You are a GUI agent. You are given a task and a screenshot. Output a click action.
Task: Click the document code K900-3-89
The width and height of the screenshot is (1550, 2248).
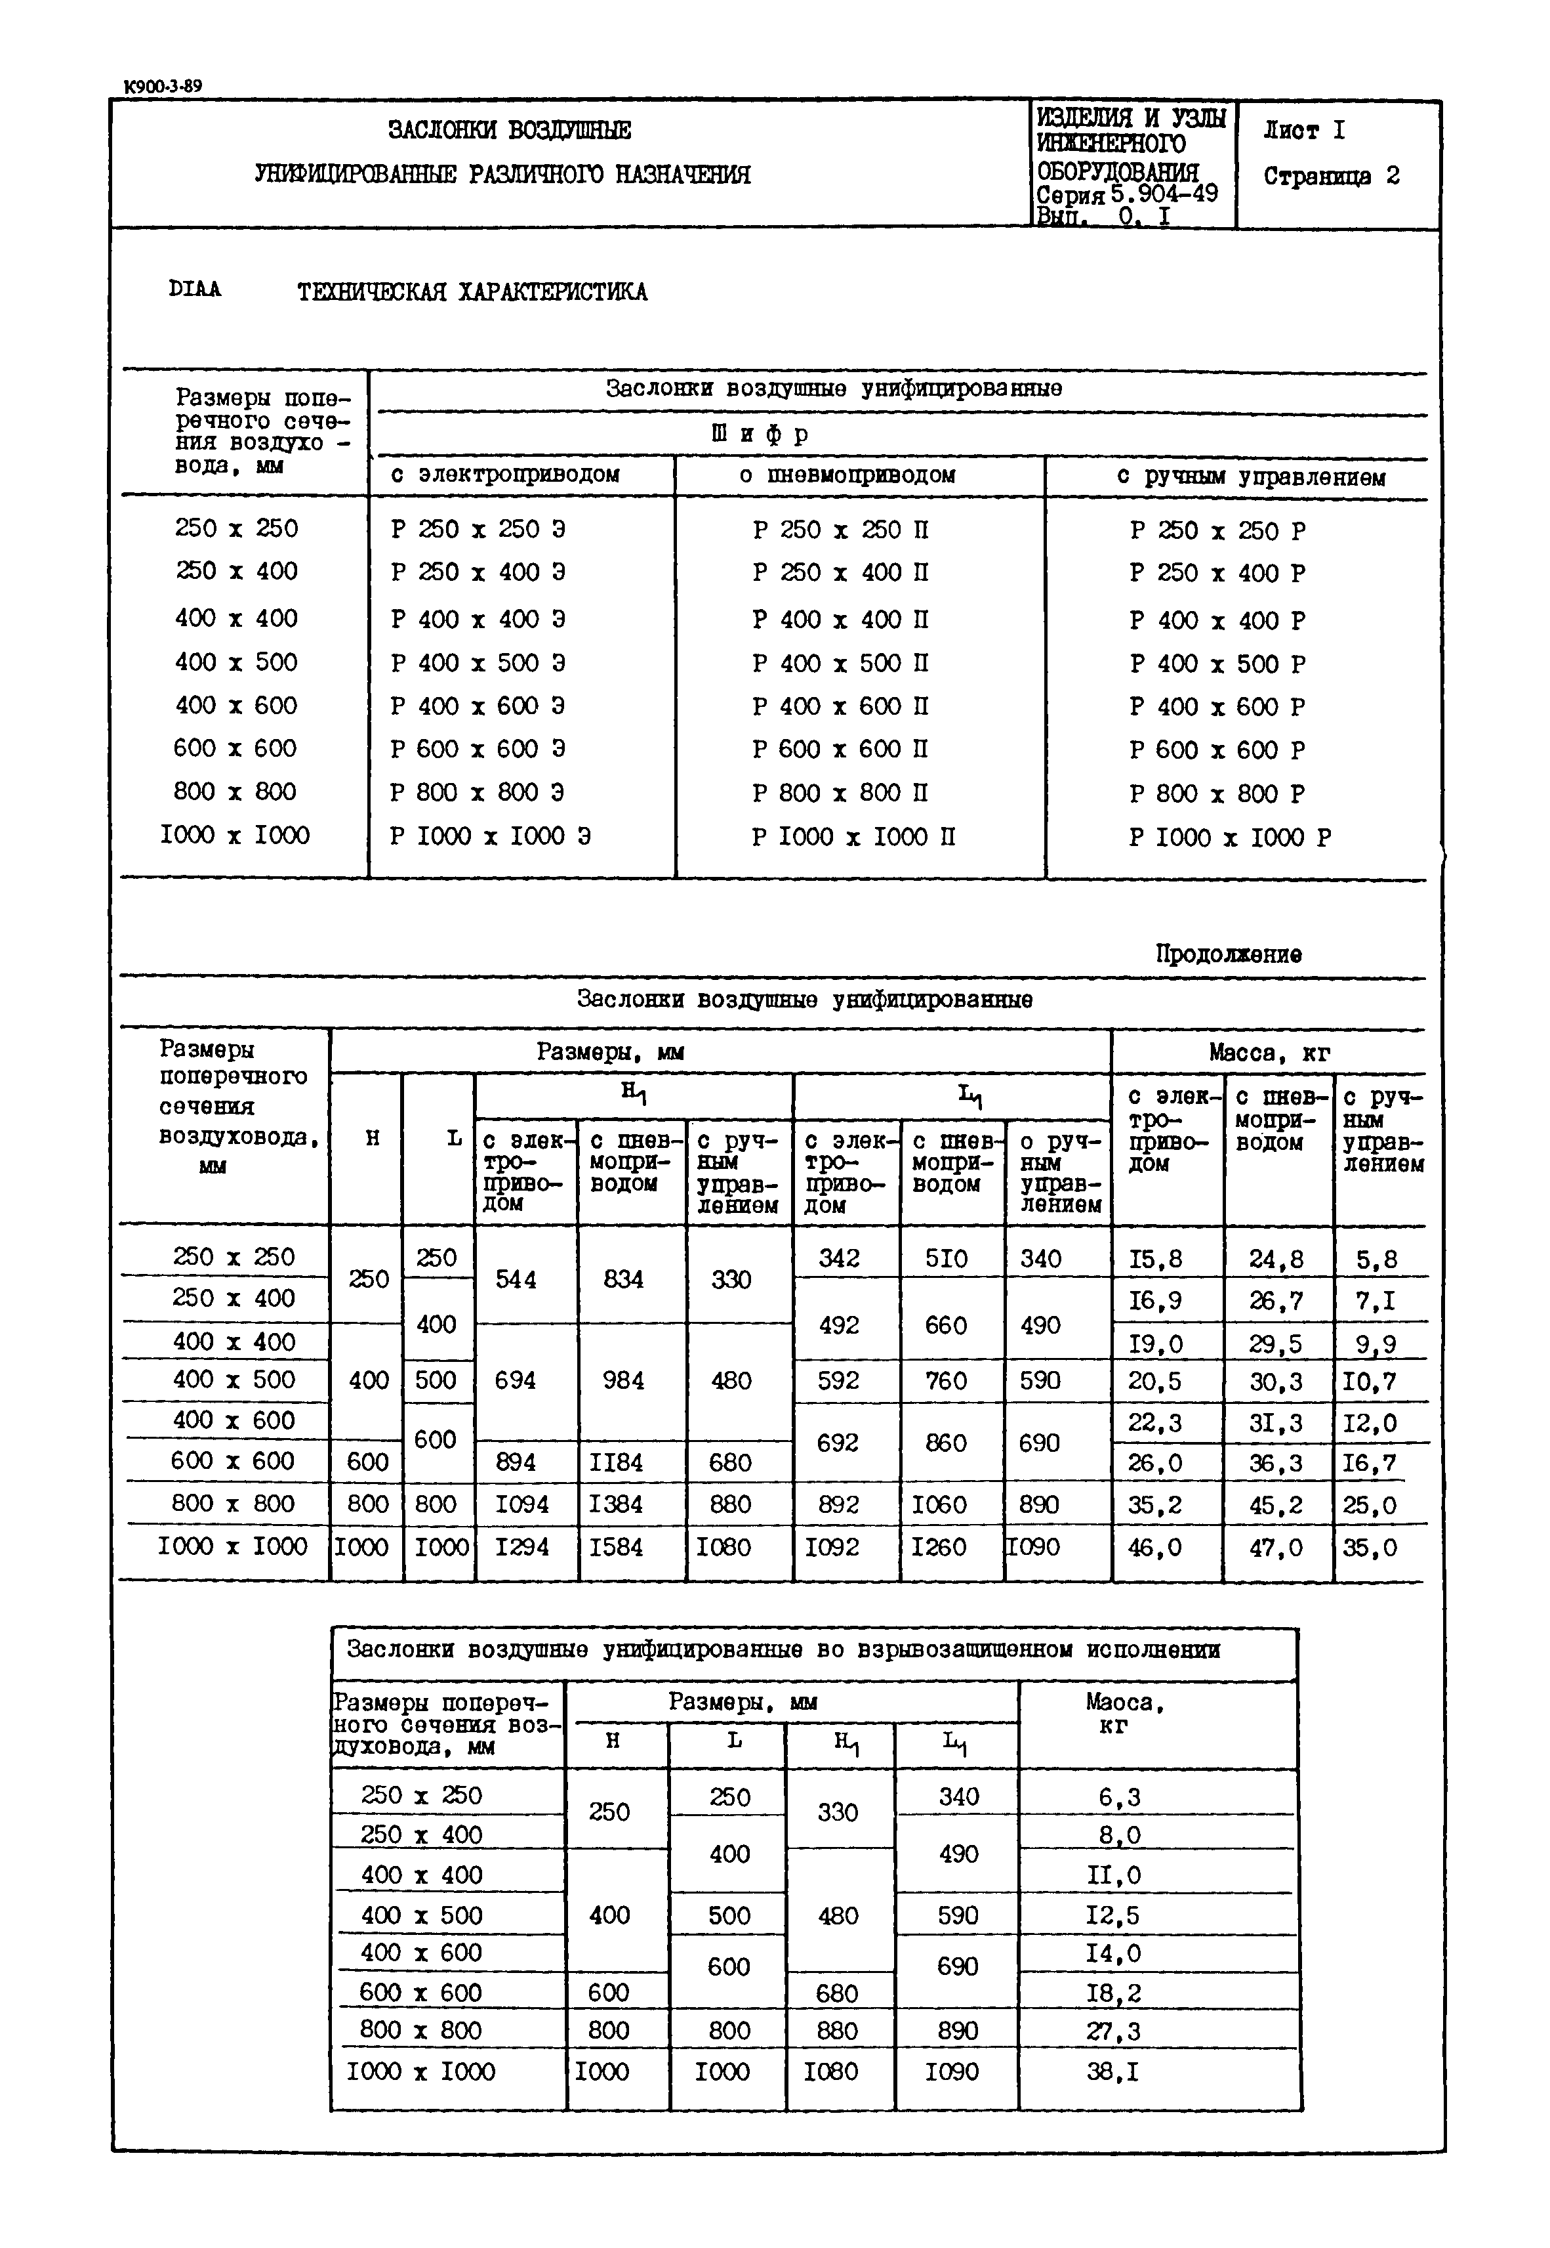point(163,87)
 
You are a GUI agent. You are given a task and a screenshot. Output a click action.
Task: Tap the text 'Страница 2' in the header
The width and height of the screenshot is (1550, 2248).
point(1330,177)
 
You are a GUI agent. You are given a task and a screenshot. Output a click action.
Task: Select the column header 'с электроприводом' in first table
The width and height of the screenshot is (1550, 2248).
point(505,475)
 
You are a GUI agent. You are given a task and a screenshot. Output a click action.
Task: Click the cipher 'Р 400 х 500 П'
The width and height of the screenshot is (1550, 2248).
point(840,664)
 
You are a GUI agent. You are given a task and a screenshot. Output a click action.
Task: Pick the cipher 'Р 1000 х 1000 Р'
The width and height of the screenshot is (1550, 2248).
point(1229,838)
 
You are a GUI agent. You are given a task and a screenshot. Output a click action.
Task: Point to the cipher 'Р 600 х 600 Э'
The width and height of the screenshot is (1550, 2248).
point(478,749)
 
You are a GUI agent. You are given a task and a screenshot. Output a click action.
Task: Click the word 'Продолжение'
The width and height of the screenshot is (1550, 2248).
point(1227,954)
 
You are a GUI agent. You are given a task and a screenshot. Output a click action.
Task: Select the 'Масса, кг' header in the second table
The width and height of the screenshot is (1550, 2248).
point(1269,1052)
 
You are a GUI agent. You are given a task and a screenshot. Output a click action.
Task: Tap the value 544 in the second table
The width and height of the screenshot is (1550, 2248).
point(516,1279)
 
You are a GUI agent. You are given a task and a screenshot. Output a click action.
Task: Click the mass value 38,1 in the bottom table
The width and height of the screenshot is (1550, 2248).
point(1113,2071)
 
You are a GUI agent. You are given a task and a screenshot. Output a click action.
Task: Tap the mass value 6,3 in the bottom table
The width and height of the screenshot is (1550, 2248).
point(1119,1797)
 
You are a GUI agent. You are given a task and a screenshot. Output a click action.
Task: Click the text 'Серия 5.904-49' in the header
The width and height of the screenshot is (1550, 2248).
point(1126,194)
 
